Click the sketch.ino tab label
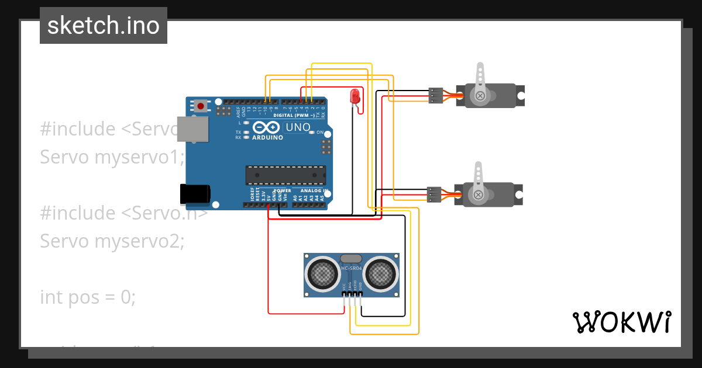click(103, 26)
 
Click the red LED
click(355, 96)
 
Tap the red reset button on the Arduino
click(201, 106)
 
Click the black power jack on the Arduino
click(195, 193)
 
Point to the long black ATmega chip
click(285, 175)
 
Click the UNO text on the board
click(297, 127)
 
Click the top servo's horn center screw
click(480, 95)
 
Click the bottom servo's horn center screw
click(479, 195)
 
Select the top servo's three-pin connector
click(435, 95)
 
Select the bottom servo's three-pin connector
click(433, 195)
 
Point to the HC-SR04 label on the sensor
click(352, 269)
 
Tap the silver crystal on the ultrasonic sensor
click(351, 258)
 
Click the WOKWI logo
click(621, 322)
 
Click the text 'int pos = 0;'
click(88, 297)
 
